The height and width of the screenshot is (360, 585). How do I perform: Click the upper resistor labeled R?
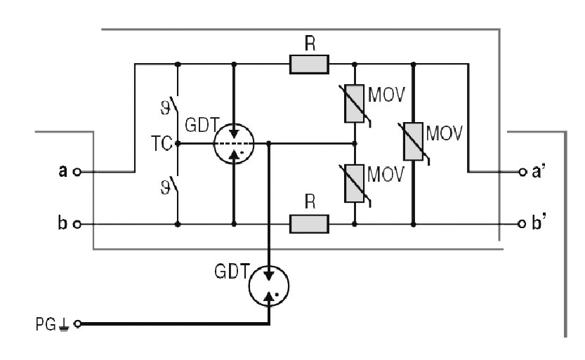tap(308, 65)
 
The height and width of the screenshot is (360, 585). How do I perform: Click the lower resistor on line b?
tap(308, 224)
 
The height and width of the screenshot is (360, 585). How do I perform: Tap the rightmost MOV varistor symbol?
tap(413, 143)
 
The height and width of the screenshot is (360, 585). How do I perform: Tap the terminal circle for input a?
tap(77, 171)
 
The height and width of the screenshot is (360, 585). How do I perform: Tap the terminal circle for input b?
tap(77, 225)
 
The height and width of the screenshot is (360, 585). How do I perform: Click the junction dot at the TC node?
tap(177, 144)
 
